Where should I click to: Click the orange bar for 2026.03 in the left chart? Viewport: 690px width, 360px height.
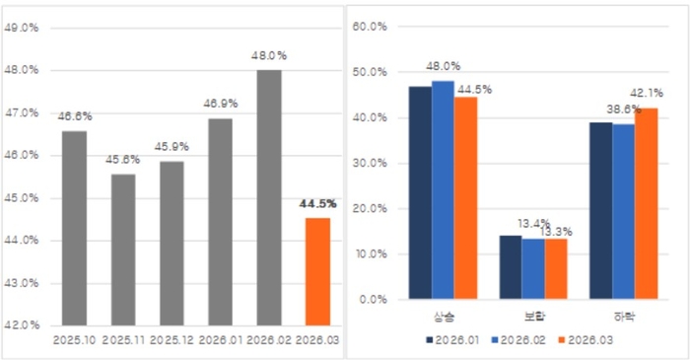pos(317,271)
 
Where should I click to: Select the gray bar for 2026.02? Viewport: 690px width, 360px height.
pos(269,197)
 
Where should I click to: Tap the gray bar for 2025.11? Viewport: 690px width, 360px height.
pos(123,250)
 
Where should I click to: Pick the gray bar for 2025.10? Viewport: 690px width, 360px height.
pos(75,228)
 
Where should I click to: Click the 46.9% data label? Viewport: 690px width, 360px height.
pos(221,103)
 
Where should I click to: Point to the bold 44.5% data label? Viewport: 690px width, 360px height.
pos(317,203)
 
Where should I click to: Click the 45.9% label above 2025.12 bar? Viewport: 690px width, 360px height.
pos(172,146)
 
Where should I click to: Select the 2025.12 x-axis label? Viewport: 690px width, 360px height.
pos(172,339)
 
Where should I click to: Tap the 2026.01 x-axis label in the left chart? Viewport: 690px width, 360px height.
pos(221,339)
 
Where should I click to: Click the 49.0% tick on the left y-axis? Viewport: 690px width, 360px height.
pos(22,28)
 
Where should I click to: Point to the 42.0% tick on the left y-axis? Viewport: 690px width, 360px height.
pos(22,324)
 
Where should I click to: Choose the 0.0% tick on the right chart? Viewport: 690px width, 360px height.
pos(375,299)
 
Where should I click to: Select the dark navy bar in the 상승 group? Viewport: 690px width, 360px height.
pos(420,192)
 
